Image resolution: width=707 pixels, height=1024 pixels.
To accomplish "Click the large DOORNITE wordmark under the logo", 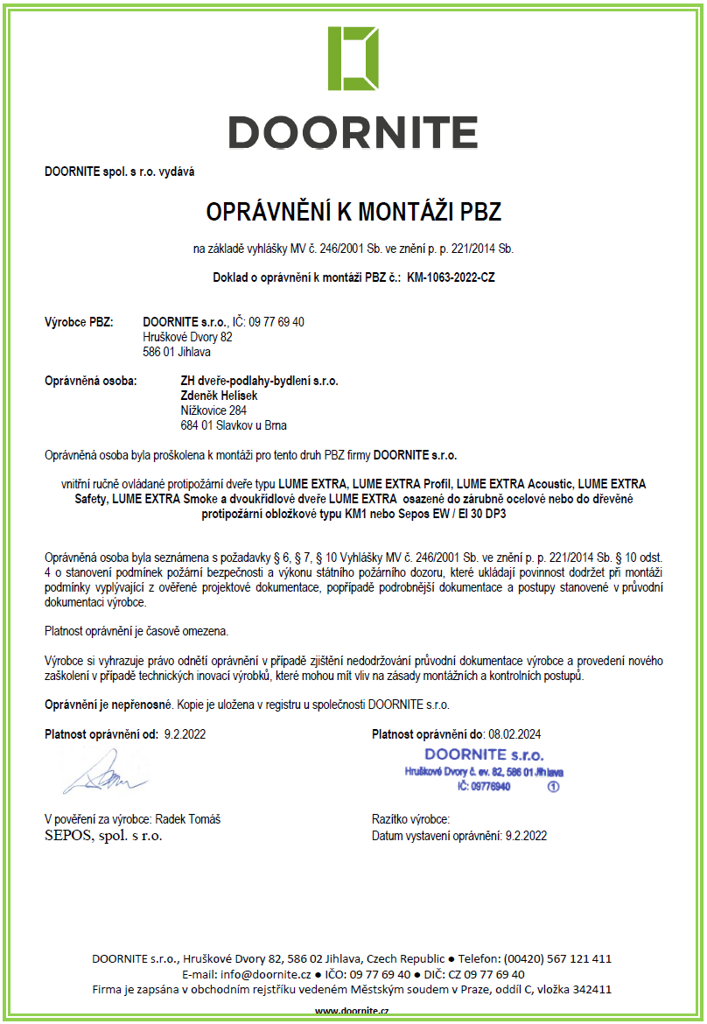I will (x=353, y=132).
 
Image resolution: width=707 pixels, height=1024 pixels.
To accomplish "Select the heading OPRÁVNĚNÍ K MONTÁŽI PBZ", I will (x=353, y=212).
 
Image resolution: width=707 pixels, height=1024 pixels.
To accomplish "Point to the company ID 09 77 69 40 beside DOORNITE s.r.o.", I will (x=276, y=322).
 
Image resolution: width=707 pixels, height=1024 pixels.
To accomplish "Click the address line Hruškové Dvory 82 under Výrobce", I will (x=187, y=337).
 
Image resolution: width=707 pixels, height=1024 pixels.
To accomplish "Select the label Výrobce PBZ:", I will (x=79, y=322).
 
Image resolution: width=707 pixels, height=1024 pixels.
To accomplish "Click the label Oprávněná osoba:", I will (x=90, y=381).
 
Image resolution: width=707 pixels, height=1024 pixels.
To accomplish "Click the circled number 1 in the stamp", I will (x=552, y=787).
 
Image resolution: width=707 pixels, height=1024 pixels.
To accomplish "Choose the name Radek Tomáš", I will (x=188, y=819).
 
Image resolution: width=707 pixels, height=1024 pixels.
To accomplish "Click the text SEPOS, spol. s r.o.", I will (x=103, y=836).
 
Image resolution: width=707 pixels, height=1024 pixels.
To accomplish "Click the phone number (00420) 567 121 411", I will (x=560, y=958).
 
